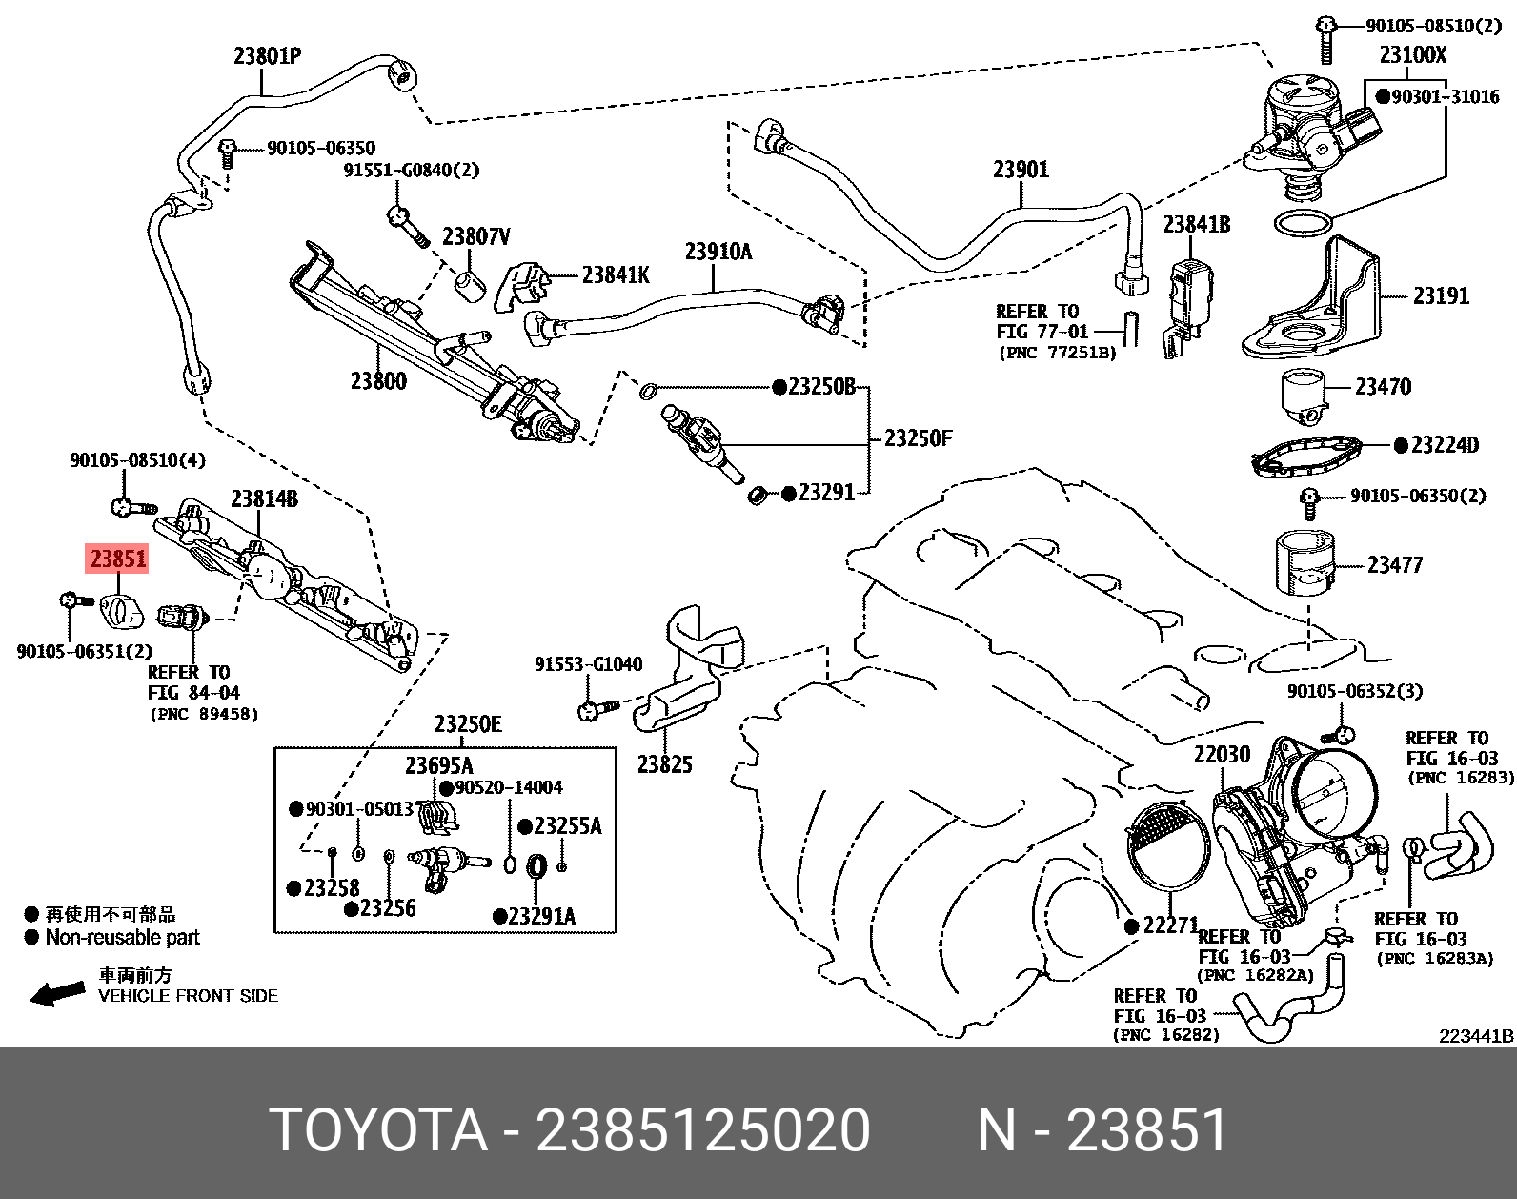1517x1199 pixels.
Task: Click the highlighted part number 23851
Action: (x=118, y=559)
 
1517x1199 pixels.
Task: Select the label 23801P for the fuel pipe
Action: (x=268, y=56)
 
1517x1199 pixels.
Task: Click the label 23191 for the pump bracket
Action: (x=1440, y=295)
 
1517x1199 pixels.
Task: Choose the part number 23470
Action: (x=1383, y=387)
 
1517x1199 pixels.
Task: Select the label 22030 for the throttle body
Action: (x=1222, y=755)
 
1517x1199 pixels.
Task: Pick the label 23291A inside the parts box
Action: (x=540, y=917)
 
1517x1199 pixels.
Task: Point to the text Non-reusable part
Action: (x=122, y=938)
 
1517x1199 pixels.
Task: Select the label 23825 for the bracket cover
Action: (x=664, y=764)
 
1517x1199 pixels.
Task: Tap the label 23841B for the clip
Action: (x=1196, y=224)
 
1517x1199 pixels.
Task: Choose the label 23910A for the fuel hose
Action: (x=718, y=252)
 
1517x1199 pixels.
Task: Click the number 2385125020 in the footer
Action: (x=703, y=1131)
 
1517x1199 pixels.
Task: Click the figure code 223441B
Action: (x=1476, y=1036)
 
